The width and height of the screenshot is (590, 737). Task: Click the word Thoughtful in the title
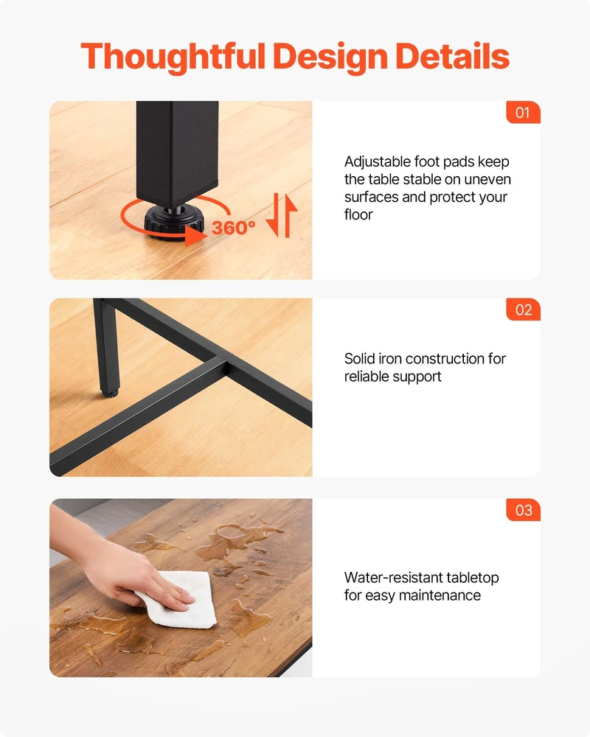pos(173,57)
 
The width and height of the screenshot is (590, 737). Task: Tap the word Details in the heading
pos(452,56)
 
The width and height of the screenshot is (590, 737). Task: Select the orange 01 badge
pos(523,112)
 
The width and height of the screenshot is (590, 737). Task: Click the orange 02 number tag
pos(523,310)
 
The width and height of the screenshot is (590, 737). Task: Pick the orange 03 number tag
pos(523,510)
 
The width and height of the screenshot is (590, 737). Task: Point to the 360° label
pos(233,228)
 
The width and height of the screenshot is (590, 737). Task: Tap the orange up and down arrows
pos(281,215)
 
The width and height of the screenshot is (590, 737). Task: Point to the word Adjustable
pos(378,161)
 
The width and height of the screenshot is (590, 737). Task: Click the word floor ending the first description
pos(358,214)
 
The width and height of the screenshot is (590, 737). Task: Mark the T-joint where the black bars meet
pos(223,363)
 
